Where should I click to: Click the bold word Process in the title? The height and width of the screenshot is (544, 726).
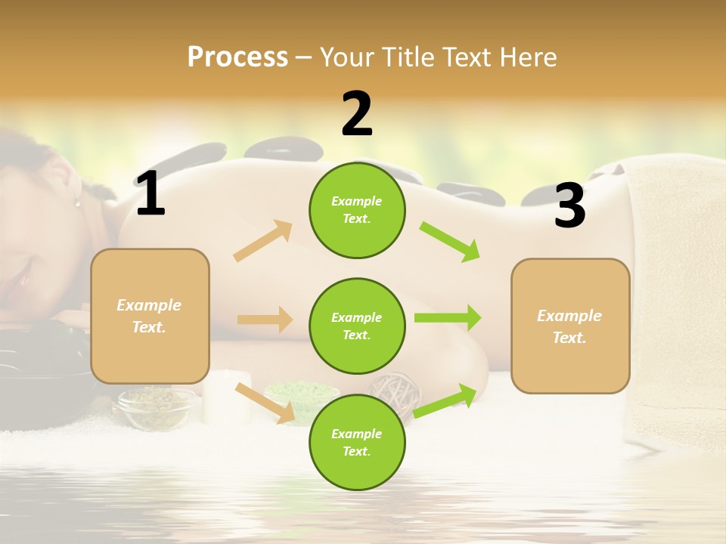coord(237,57)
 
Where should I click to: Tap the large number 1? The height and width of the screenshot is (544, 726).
coord(150,194)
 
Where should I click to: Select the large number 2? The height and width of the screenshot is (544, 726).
coord(357,114)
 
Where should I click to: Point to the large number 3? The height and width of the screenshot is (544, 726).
coord(569,206)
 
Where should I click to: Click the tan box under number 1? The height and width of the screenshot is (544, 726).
coord(150,316)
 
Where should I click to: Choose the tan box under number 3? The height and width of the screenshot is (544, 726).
coord(570,326)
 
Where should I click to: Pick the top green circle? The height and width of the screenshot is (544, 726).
coord(357,210)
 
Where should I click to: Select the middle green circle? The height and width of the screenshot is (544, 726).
coord(357,326)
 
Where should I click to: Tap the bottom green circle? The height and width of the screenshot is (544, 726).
coord(357,442)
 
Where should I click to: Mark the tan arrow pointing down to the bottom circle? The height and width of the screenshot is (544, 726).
coord(265,403)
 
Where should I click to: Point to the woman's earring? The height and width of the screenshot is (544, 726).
coord(76,200)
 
